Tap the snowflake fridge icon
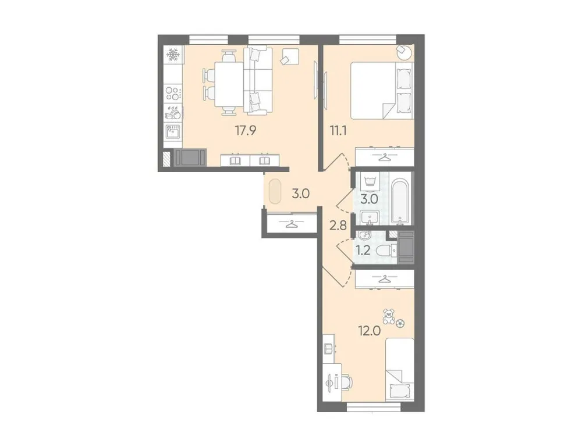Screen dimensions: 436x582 tap(172, 56)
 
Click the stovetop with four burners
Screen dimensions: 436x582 tap(172, 92)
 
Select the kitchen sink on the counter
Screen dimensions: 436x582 tap(172, 131)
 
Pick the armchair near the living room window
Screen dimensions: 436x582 tap(289, 56)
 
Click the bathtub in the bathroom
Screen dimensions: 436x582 tap(400, 201)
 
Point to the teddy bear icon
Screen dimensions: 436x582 tap(388, 316)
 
